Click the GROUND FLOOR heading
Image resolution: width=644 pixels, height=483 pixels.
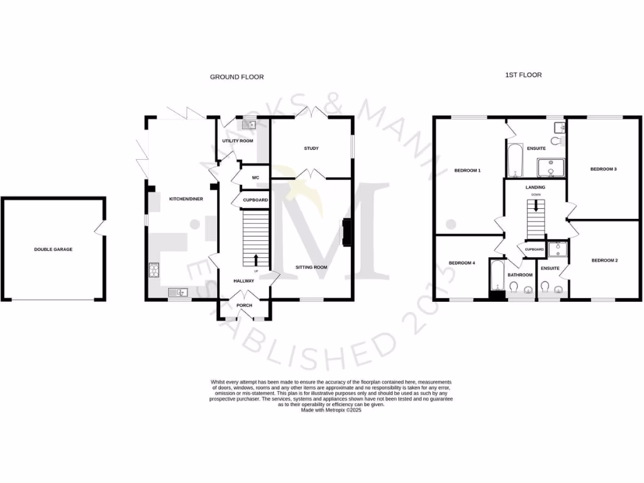(x=236, y=77)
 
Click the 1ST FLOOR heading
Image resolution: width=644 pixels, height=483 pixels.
(x=523, y=75)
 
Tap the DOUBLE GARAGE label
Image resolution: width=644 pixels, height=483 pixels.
(x=53, y=250)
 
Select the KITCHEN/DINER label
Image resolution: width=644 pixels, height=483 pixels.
(x=182, y=199)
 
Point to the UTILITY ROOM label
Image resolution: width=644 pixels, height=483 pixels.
(x=238, y=141)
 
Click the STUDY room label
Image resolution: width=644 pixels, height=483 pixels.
(x=311, y=148)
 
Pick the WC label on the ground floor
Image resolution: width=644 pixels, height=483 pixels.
(x=255, y=177)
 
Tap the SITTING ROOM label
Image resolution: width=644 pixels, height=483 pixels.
(x=312, y=267)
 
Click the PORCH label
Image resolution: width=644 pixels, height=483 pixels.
(x=244, y=306)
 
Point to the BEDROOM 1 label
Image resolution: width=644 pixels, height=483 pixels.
(x=467, y=170)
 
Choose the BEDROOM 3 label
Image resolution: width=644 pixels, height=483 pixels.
(x=603, y=169)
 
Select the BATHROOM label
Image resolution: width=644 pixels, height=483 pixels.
(x=520, y=275)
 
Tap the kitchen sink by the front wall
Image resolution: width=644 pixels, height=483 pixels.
(x=178, y=292)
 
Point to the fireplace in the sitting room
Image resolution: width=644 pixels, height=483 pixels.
(x=346, y=232)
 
